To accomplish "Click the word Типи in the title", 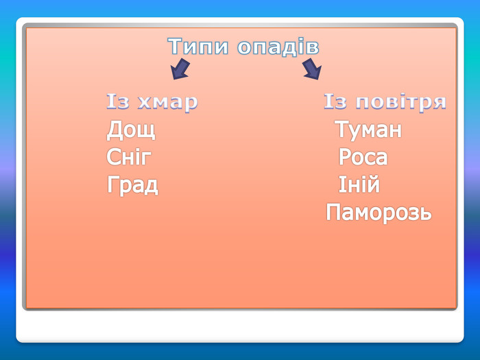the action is tap(198, 46).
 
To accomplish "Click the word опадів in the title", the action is tap(278, 47).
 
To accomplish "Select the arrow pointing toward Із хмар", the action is tap(180, 69).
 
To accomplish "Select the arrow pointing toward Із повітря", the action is tap(312, 69).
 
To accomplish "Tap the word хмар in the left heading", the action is tap(168, 102).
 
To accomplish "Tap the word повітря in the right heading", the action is tap(400, 102).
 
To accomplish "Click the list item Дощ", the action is tap(131, 130).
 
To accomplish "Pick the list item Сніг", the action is tap(129, 157).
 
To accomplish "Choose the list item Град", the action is tap(132, 185).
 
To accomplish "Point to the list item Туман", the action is tap(368, 130).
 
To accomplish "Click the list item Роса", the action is tap(363, 157).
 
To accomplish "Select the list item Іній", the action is tap(359, 184).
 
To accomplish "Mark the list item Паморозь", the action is tap(379, 212).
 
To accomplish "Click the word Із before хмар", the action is tap(117, 101).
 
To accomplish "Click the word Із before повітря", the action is tap(335, 101).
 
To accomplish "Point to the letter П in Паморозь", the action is tap(333, 212).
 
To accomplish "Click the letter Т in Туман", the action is tap(341, 129).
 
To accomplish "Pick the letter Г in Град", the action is tap(112, 184).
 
